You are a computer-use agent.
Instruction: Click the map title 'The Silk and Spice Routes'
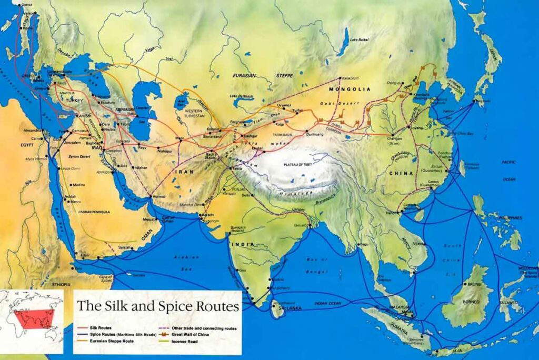point(158,306)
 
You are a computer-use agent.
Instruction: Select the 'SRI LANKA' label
point(291,308)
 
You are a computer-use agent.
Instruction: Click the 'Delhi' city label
point(246,195)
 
